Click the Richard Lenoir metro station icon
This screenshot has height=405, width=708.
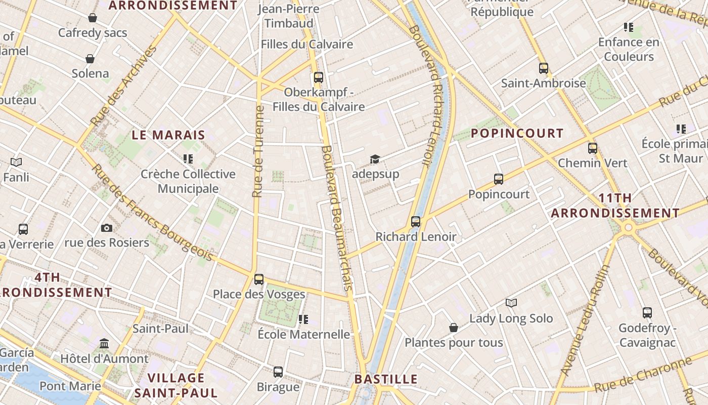click(416, 221)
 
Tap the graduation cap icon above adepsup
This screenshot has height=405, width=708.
click(374, 159)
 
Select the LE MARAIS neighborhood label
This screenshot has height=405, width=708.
click(168, 135)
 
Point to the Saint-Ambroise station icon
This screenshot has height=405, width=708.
click(544, 68)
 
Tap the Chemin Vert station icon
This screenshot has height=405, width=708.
click(593, 148)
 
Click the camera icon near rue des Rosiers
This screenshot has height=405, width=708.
click(107, 228)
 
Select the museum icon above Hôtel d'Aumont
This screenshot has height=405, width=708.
click(104, 344)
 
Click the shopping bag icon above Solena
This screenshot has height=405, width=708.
click(90, 59)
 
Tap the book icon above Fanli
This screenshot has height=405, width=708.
click(16, 163)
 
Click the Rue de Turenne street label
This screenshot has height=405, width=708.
click(258, 152)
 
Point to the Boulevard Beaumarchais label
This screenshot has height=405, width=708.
click(336, 218)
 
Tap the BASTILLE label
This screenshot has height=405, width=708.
click(386, 379)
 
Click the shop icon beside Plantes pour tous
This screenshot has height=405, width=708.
click(454, 328)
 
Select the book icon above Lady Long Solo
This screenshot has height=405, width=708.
click(511, 303)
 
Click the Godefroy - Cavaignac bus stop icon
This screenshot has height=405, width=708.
click(647, 313)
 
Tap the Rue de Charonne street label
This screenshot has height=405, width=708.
click(642, 375)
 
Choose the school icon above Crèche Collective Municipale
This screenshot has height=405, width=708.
click(188, 159)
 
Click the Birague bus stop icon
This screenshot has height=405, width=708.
click(278, 372)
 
